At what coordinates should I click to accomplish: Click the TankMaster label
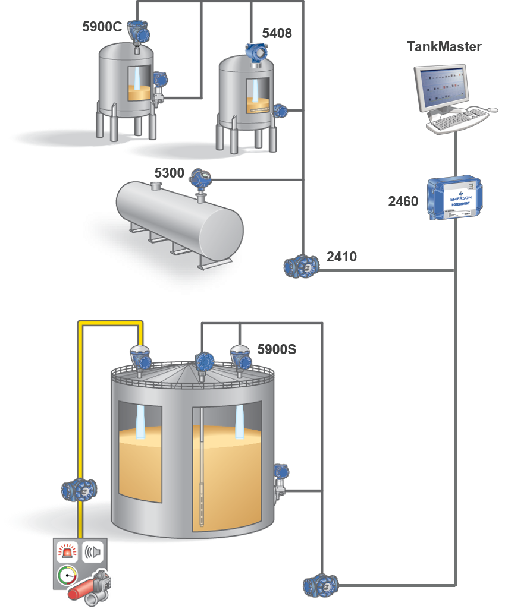point(444,46)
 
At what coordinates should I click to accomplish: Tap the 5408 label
point(277,33)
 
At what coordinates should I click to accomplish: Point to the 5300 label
point(170,173)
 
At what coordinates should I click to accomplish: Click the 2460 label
point(403,201)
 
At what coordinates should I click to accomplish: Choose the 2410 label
point(341,257)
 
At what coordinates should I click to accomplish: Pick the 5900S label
point(277,349)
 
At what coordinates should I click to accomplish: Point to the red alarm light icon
point(67,552)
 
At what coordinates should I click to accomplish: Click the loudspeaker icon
point(93,552)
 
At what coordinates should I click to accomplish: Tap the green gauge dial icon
point(67,575)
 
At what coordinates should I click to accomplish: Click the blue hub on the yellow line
point(79,490)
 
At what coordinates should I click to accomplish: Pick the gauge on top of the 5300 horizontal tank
point(199,178)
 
